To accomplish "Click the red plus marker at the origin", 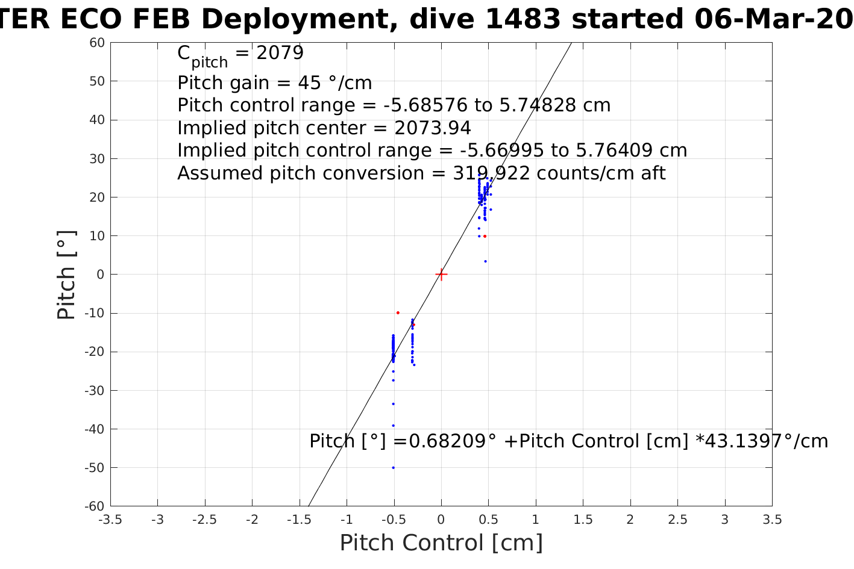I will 441,275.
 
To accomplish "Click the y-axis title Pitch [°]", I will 66,275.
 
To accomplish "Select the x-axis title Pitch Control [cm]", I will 441,543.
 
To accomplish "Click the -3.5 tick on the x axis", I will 110,520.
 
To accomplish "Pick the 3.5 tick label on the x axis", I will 772,520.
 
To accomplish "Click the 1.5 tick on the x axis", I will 583,520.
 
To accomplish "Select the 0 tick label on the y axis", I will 101,275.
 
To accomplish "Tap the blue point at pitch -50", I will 393,467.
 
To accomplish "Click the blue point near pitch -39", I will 393,425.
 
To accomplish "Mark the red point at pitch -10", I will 398,312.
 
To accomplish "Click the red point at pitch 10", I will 485,236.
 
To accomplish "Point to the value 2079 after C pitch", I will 280,53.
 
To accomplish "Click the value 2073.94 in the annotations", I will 433,128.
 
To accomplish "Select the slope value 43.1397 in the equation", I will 741,441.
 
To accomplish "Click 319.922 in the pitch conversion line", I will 491,173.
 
